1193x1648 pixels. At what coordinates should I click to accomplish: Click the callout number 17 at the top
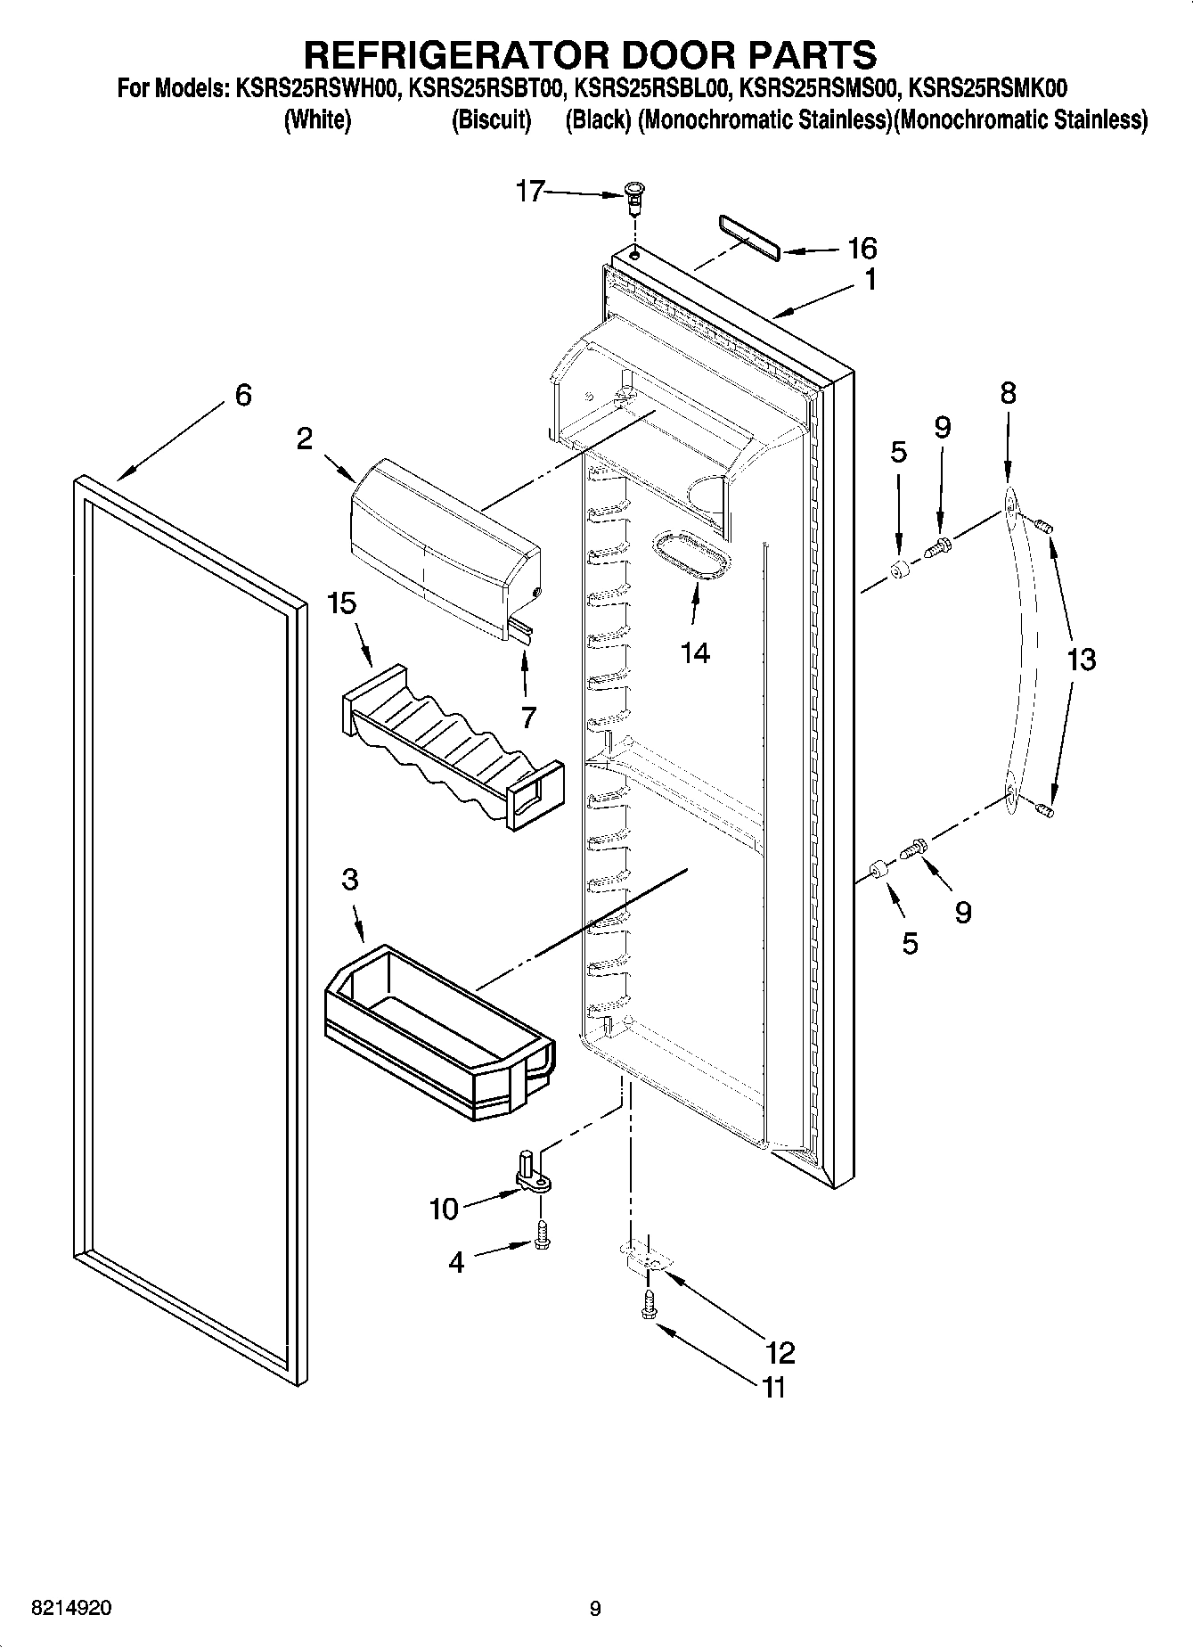[x=530, y=191]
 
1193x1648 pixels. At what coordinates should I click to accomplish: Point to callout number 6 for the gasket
[x=242, y=395]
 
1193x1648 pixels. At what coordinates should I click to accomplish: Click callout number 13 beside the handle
[x=1081, y=660]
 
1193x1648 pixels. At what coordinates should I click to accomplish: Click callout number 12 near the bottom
[x=780, y=1353]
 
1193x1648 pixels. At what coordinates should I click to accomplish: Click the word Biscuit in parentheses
[x=491, y=119]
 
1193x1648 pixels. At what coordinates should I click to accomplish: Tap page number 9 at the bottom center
[x=595, y=1608]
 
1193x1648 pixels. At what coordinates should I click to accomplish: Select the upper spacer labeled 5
[x=900, y=568]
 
